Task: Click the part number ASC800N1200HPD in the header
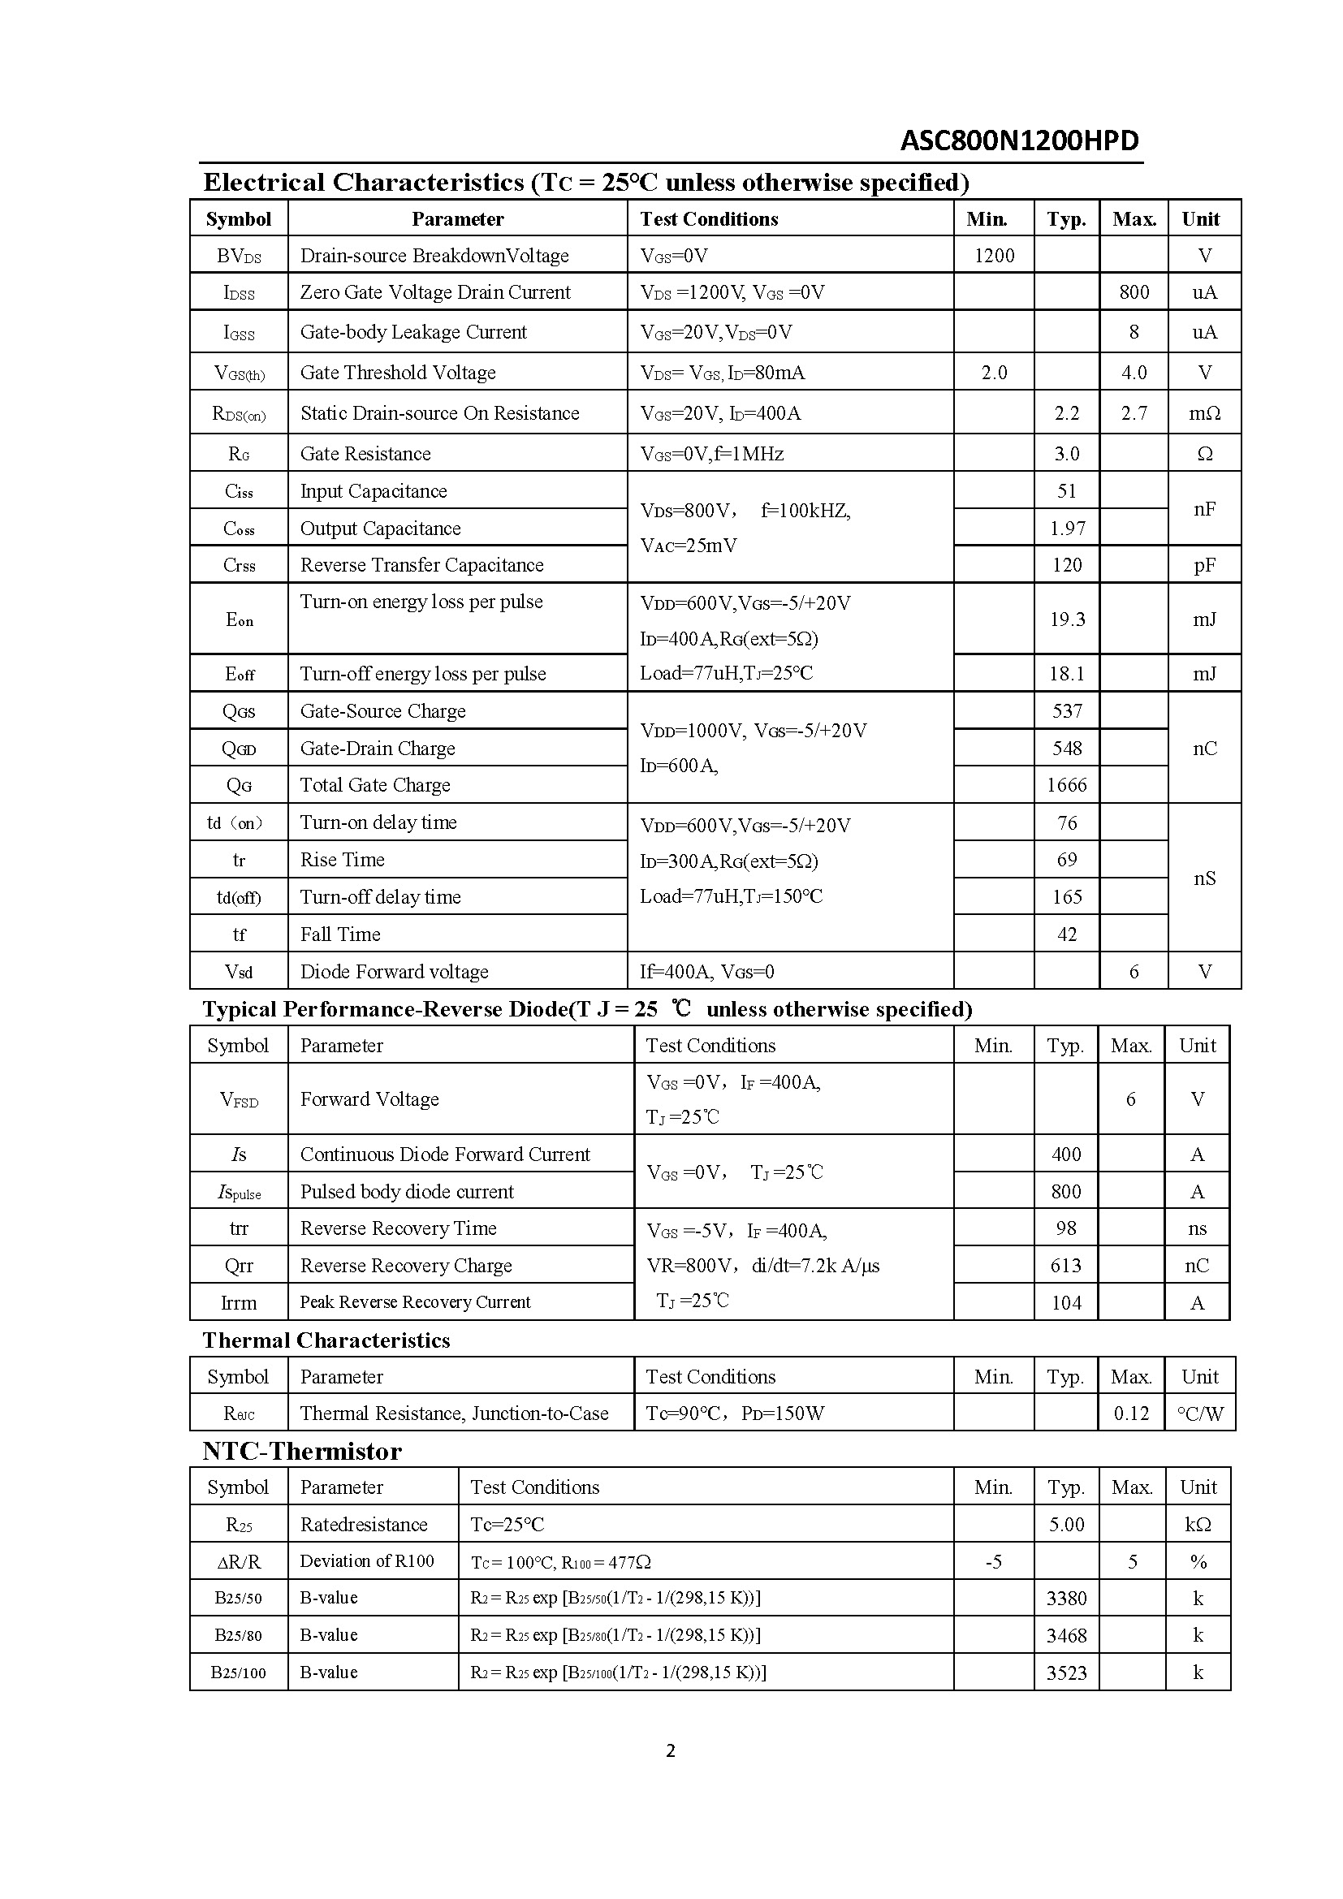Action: (x=1019, y=140)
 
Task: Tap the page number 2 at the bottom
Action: (x=671, y=1750)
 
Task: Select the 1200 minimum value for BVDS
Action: (x=993, y=256)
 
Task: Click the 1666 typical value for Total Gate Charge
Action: (x=1067, y=785)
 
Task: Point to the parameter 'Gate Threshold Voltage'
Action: (x=398, y=373)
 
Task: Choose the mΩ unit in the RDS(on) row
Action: (x=1204, y=413)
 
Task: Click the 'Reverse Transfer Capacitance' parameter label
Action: (x=421, y=565)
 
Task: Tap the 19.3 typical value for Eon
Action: (x=1067, y=619)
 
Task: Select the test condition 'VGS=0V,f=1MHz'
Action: (x=711, y=454)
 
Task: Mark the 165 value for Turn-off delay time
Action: (x=1067, y=896)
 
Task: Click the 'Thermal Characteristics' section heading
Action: (x=326, y=1340)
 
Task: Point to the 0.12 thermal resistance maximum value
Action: (x=1130, y=1413)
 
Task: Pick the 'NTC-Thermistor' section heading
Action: (x=302, y=1452)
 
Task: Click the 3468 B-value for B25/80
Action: (x=1066, y=1635)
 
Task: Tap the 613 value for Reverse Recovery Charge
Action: (x=1066, y=1266)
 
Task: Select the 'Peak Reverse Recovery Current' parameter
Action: (x=415, y=1301)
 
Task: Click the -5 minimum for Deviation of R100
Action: (x=993, y=1561)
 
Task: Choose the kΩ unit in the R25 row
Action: (x=1198, y=1525)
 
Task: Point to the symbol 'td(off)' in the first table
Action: (x=238, y=897)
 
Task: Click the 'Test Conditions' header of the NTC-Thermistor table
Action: (x=534, y=1487)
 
